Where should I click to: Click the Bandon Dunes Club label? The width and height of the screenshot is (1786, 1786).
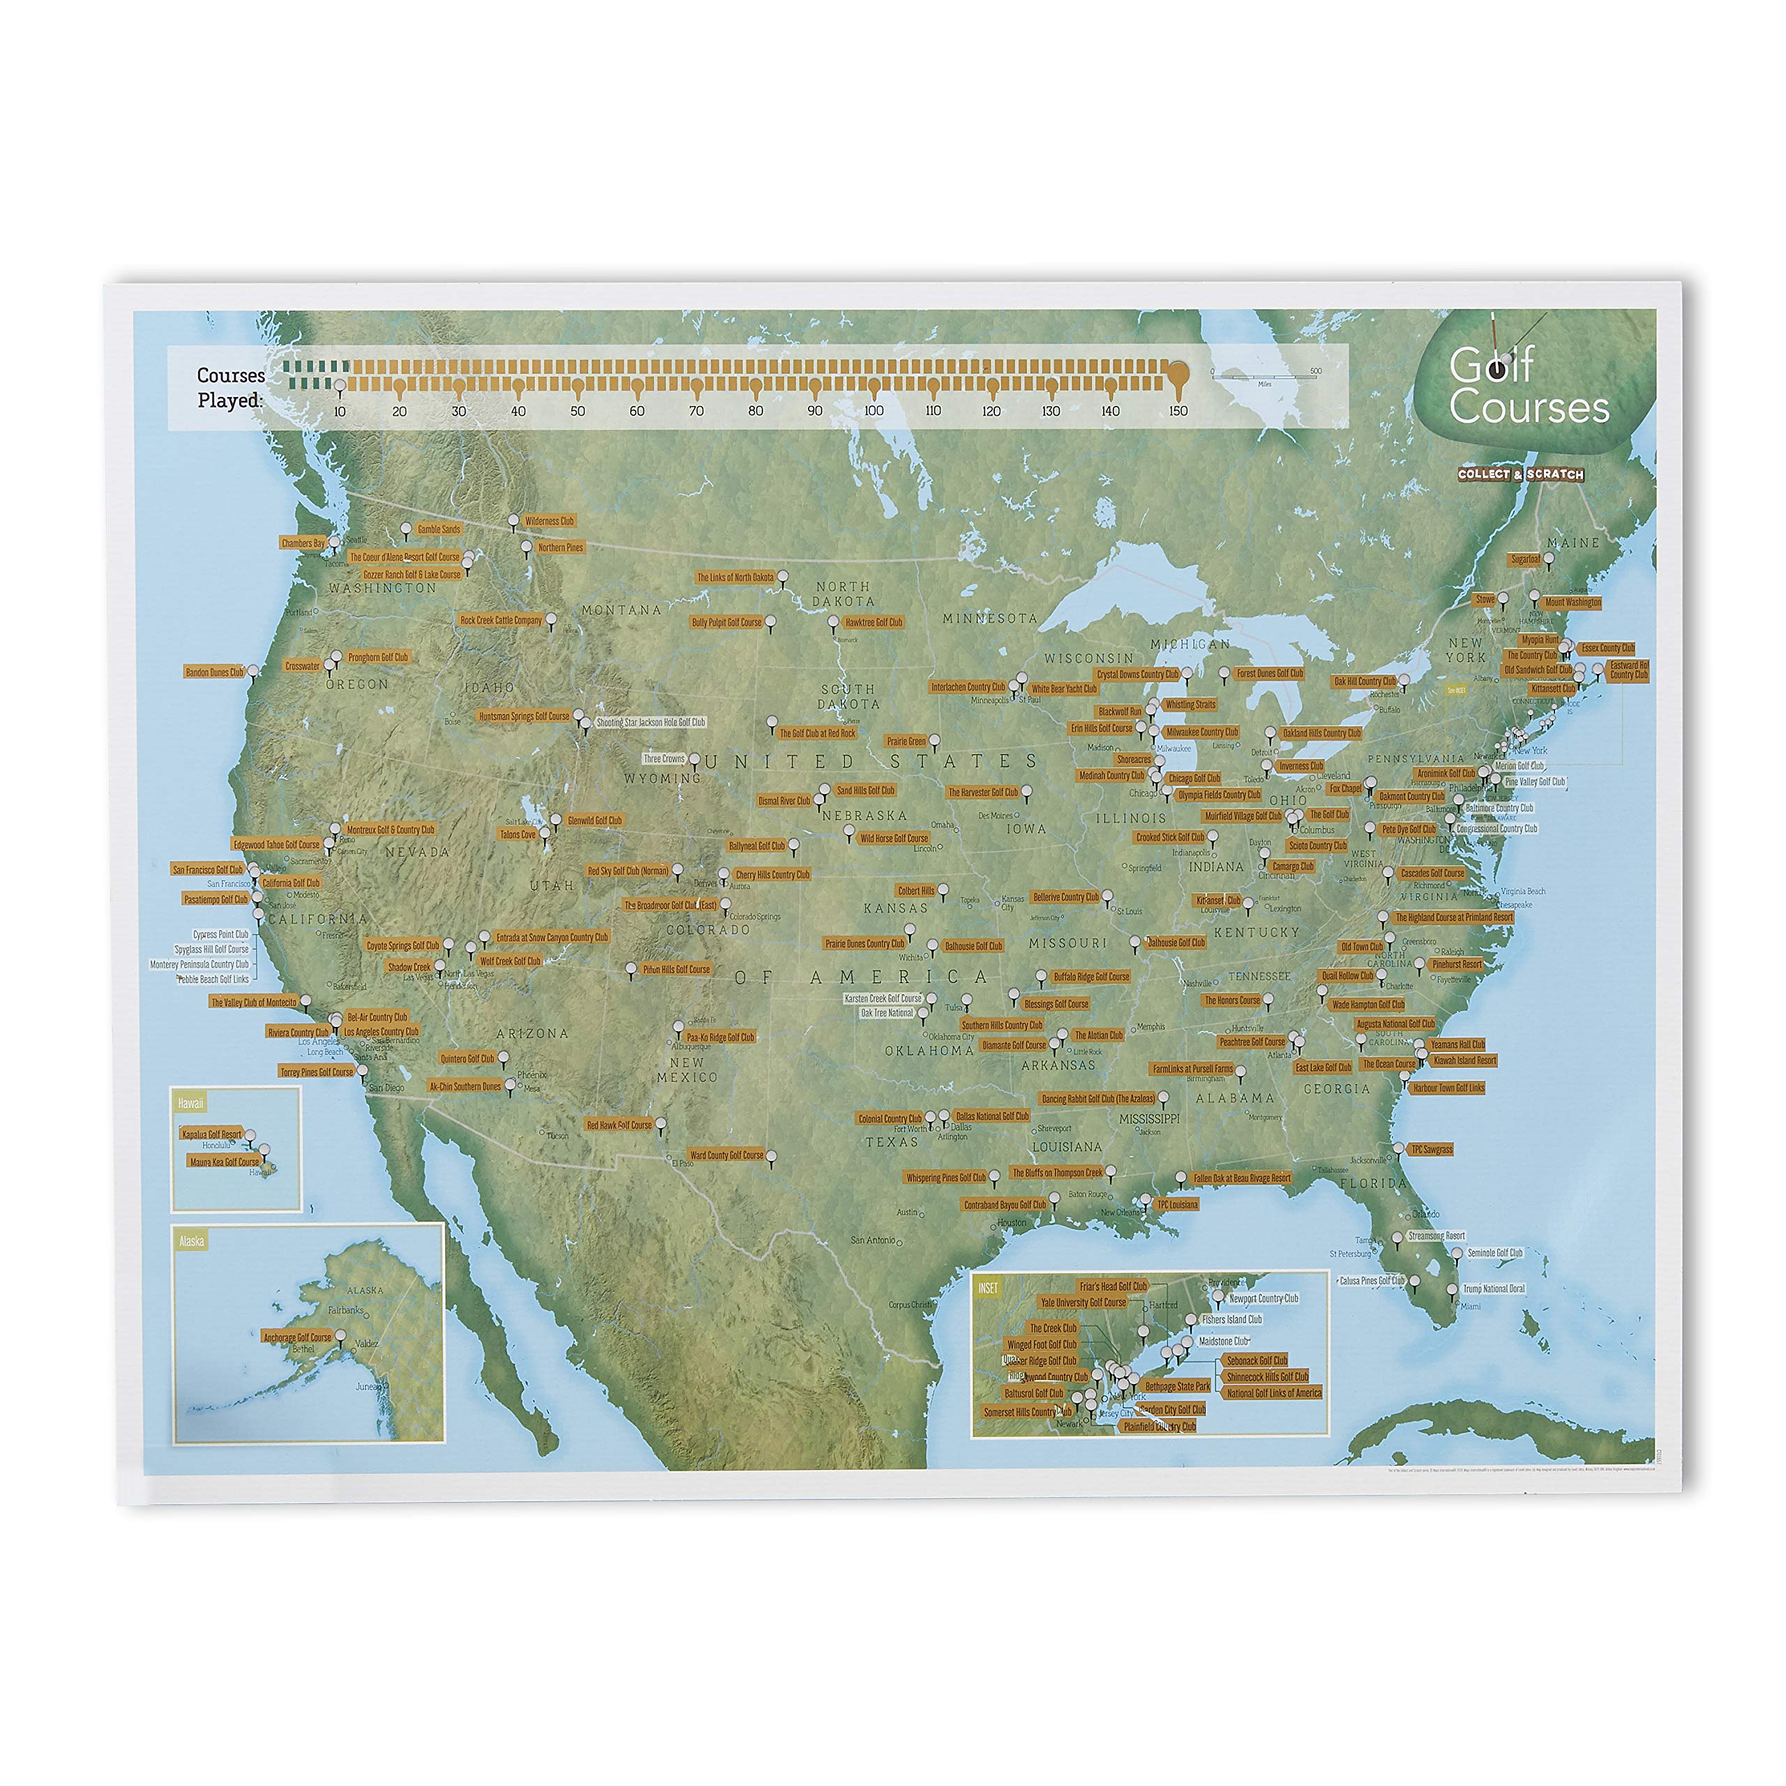214,672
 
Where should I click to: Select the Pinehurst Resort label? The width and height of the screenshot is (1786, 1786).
1457,964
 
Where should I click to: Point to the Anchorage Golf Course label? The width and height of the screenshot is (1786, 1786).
297,1337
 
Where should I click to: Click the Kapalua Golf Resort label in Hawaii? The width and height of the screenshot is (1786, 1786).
211,1134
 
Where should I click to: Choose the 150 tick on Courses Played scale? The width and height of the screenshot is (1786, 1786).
1178,410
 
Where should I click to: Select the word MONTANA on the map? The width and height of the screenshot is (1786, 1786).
621,610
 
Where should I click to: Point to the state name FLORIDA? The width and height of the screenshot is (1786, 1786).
1373,1183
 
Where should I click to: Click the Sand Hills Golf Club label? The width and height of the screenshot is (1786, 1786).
865,790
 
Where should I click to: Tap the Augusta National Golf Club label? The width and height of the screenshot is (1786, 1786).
1395,1023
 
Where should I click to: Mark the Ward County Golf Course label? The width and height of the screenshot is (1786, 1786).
726,1155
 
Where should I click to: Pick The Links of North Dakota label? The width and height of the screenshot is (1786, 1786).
735,578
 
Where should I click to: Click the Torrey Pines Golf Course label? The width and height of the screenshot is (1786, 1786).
317,1072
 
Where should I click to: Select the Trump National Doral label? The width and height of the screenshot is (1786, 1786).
1494,1288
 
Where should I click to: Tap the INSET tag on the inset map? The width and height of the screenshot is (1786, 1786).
987,1288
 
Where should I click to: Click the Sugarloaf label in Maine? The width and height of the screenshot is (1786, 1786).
1525,560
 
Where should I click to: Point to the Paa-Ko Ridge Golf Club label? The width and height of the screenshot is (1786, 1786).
720,1037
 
